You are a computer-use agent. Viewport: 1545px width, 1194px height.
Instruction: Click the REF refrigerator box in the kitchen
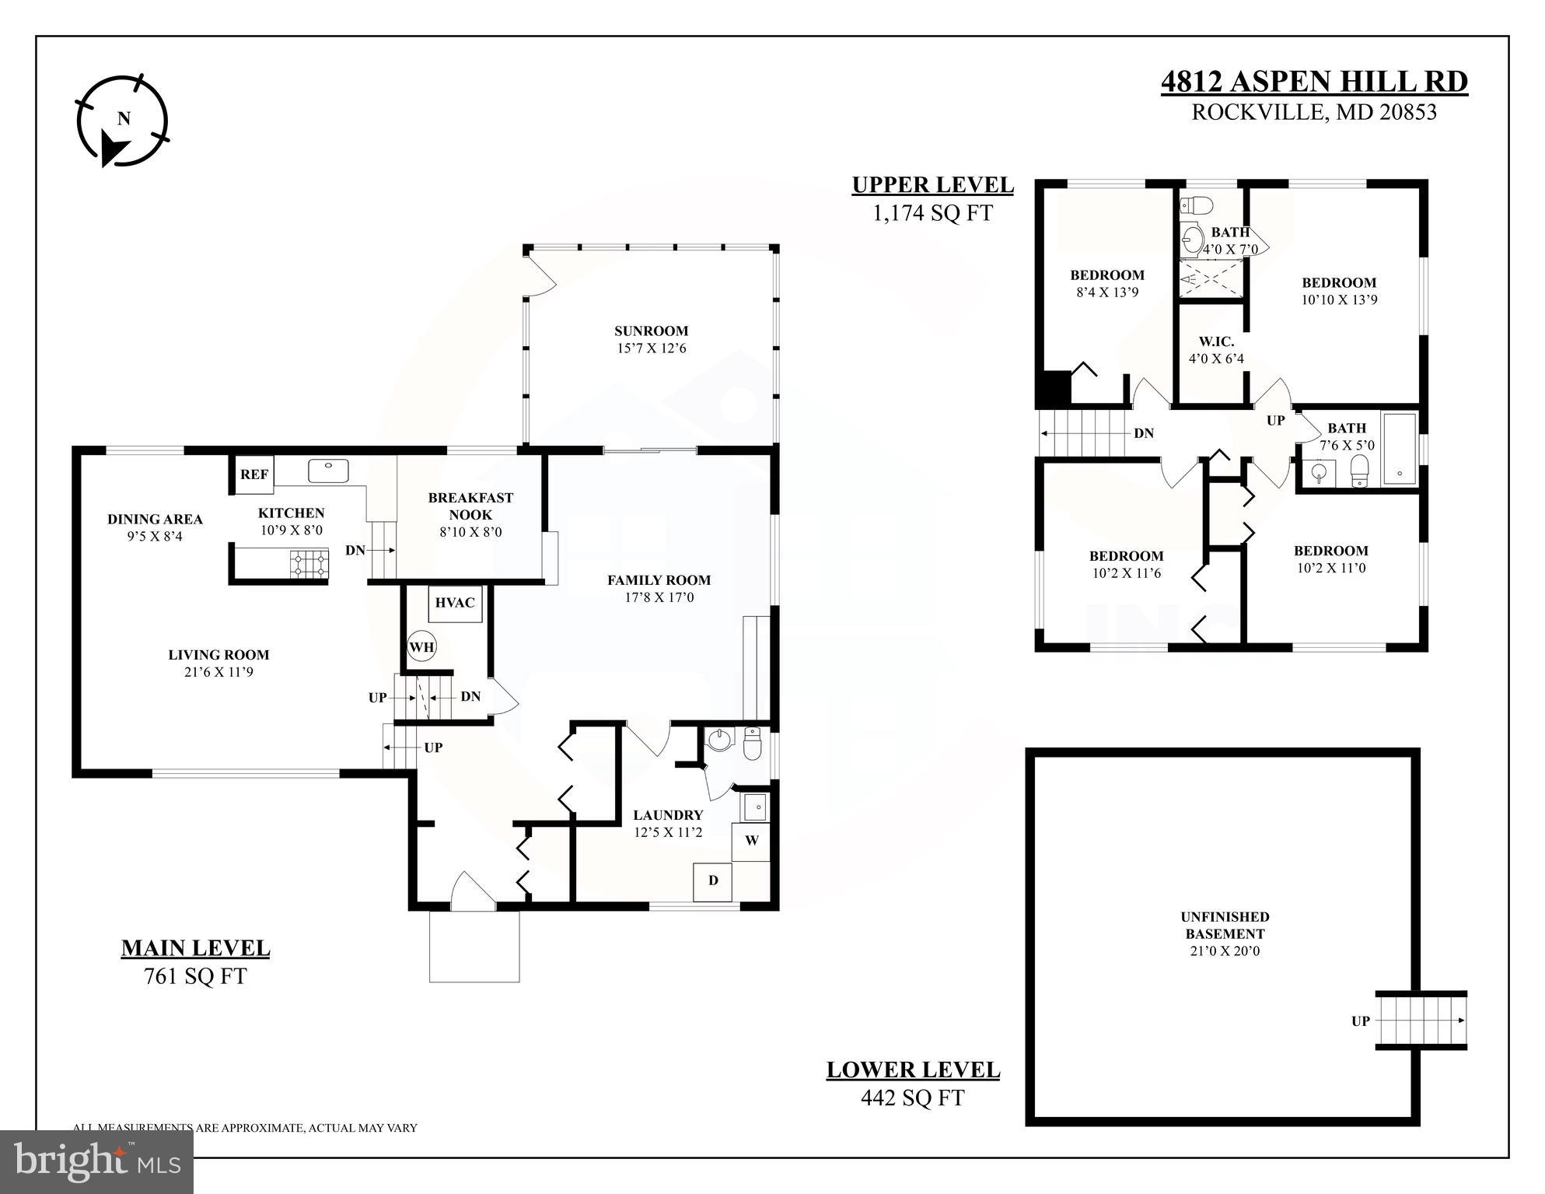click(253, 474)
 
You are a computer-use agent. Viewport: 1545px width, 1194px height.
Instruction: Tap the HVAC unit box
click(455, 603)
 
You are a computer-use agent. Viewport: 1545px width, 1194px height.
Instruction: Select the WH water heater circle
click(421, 646)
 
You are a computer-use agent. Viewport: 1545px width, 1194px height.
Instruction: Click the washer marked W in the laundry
click(751, 841)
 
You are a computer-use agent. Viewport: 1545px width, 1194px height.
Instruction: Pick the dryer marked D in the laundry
click(712, 881)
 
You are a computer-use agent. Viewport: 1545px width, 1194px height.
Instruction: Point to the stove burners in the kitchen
click(309, 564)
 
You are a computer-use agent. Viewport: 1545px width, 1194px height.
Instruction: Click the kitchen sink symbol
click(328, 471)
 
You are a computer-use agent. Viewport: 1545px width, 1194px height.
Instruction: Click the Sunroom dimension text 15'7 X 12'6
click(652, 348)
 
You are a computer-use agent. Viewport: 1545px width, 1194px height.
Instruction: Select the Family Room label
click(659, 579)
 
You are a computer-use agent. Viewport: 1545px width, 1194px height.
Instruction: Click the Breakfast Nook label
click(470, 506)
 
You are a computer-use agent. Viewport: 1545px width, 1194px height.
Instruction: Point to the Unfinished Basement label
click(1224, 925)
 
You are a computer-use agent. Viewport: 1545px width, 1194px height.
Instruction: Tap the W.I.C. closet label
click(1216, 341)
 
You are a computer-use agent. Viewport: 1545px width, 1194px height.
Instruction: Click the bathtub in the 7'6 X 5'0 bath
click(1400, 449)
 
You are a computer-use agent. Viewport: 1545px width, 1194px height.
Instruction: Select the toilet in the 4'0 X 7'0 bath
click(1196, 205)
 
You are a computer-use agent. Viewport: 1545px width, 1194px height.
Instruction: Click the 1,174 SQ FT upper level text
click(932, 213)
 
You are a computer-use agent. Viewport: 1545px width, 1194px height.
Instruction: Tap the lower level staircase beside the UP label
click(1421, 1021)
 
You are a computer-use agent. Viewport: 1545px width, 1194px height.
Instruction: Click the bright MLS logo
click(96, 1162)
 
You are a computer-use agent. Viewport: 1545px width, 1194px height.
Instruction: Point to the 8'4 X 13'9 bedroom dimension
click(1107, 292)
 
